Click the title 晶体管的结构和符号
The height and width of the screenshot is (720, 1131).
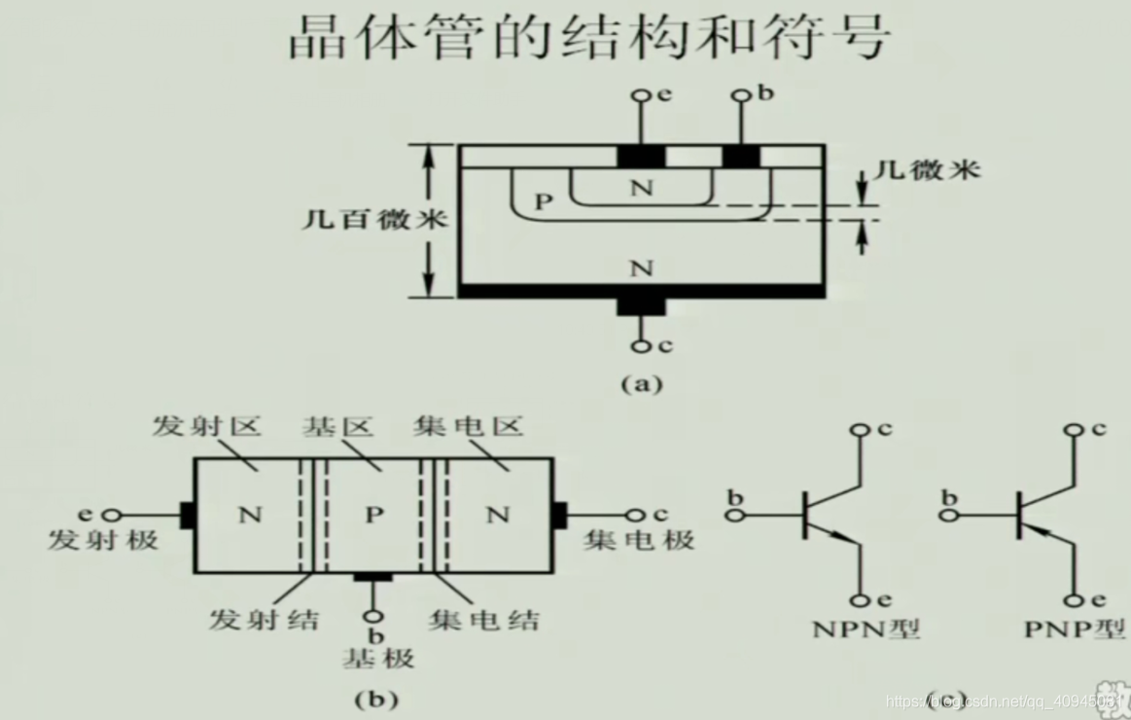pos(588,38)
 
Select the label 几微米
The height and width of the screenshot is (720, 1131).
pos(927,169)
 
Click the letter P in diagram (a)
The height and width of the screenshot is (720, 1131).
pos(544,201)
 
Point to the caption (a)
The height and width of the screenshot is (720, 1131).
pos(641,383)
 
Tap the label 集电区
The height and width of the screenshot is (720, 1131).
pos(468,426)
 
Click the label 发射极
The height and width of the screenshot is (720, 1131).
pos(102,540)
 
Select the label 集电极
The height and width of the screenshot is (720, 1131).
pos(639,540)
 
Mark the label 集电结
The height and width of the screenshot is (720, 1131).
pos(483,619)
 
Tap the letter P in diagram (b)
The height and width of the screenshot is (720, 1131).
pos(374,516)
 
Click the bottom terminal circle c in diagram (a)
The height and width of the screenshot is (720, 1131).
pos(641,345)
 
